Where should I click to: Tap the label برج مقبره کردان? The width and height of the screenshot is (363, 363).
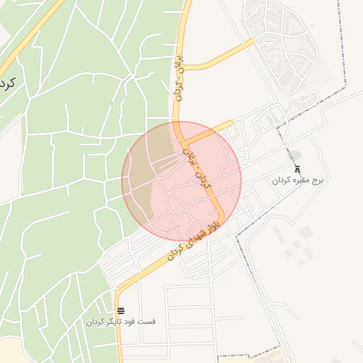coord(298,181)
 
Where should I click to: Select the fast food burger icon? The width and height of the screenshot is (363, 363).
coord(121,311)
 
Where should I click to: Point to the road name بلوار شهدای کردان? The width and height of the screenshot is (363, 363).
coord(194,240)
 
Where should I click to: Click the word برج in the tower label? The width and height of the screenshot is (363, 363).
coord(317,181)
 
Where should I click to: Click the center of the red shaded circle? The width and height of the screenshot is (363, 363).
coord(181,180)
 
